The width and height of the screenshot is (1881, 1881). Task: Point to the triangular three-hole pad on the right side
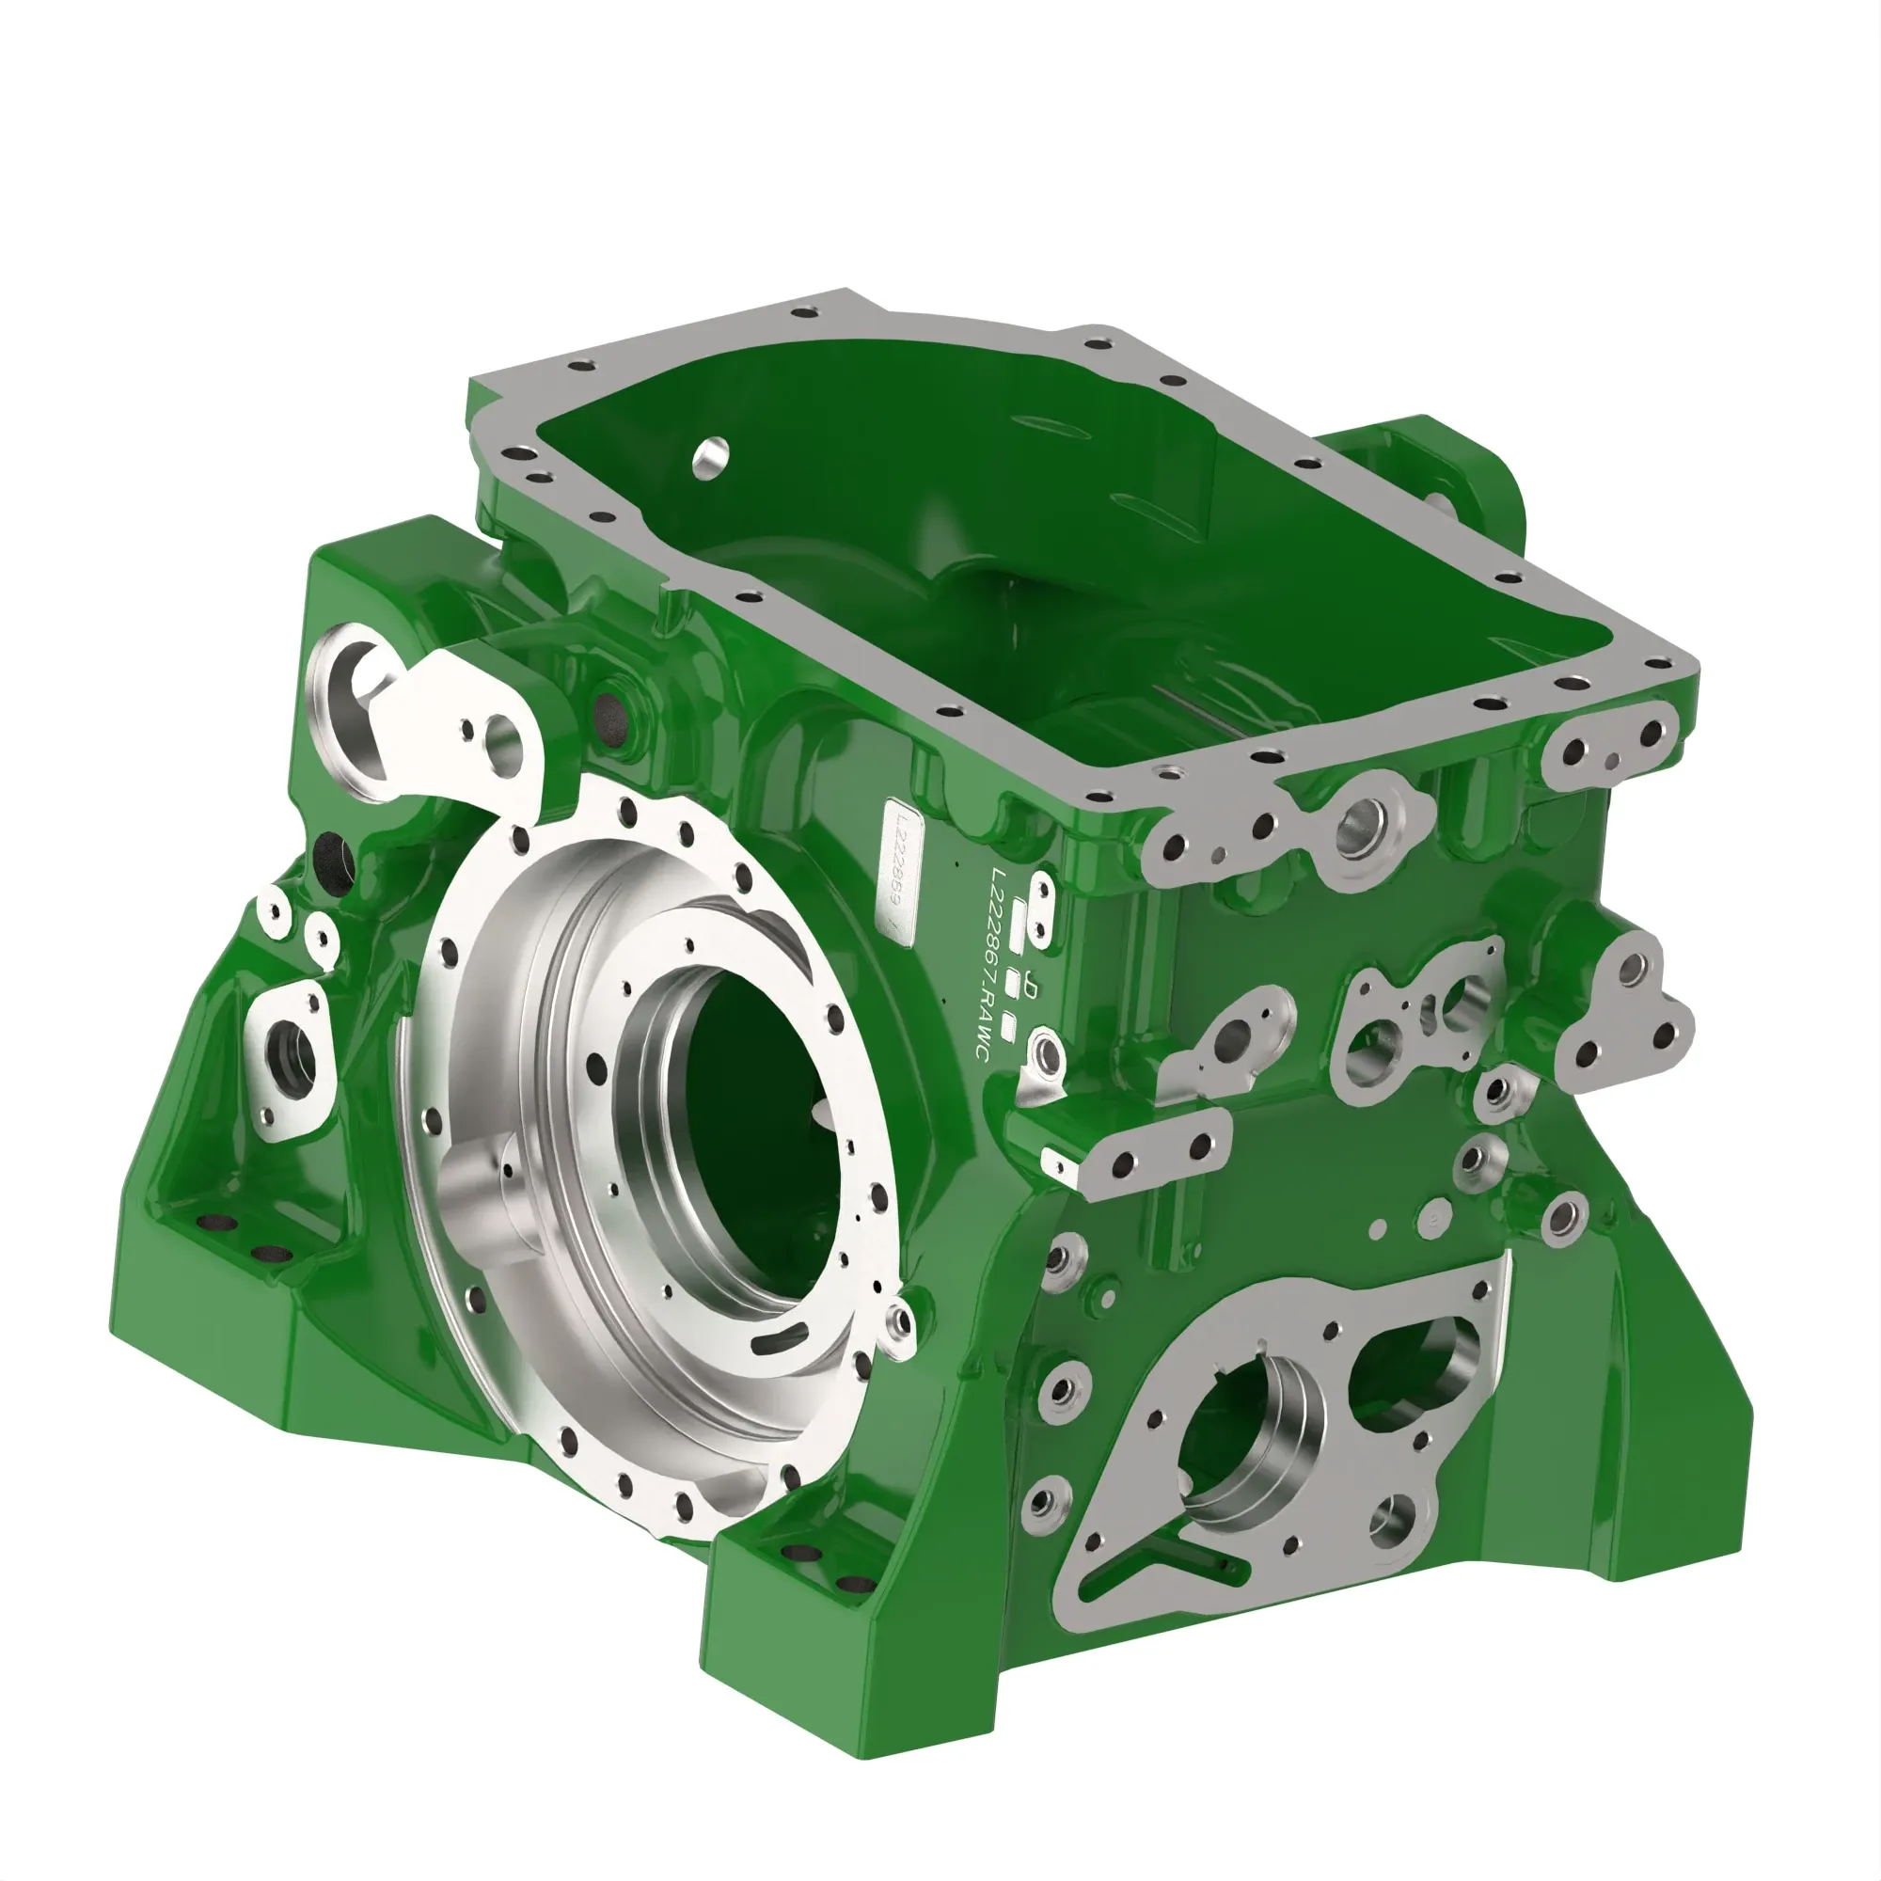[x=1621, y=1013]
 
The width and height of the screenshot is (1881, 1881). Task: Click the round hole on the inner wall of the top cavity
[x=712, y=454]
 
